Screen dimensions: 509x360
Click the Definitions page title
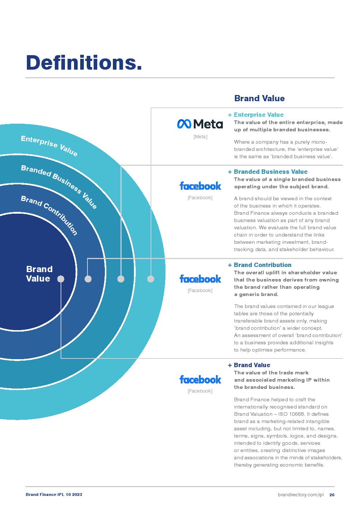point(84,62)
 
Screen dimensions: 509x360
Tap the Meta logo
point(200,124)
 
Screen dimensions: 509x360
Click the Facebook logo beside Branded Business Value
point(200,186)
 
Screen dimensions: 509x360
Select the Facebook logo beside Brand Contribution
point(200,279)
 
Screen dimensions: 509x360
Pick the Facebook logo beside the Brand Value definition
point(200,379)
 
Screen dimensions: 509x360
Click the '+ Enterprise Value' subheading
point(256,115)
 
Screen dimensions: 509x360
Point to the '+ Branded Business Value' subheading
point(268,172)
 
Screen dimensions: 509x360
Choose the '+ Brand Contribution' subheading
point(260,265)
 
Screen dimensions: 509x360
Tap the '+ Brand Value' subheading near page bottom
point(249,365)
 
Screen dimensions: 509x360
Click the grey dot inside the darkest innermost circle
point(61,279)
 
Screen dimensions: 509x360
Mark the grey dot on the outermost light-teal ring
point(151,279)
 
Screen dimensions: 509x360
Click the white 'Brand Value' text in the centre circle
point(39,274)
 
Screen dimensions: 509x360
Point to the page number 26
point(332,495)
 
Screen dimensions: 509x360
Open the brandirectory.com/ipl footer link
point(300,495)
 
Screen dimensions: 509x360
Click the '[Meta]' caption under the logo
point(200,137)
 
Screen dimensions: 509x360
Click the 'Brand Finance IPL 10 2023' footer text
point(54,494)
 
